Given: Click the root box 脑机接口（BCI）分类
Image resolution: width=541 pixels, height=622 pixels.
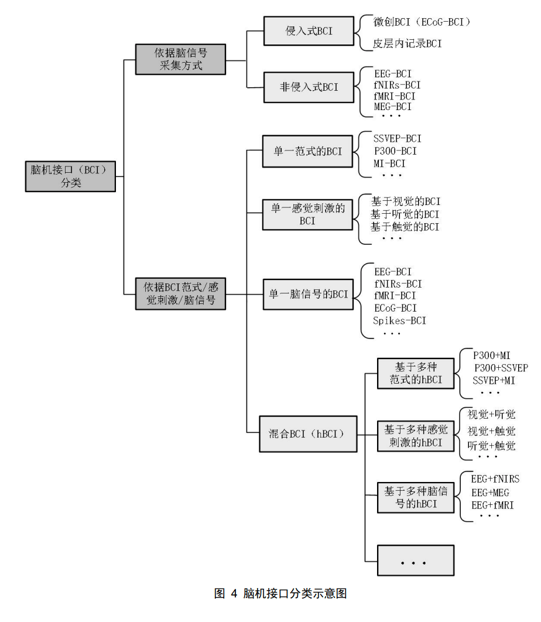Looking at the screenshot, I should click(x=70, y=176).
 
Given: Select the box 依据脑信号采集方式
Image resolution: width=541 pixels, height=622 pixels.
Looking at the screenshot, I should click(x=180, y=59).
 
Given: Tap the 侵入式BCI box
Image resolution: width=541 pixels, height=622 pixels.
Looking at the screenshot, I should click(x=309, y=31).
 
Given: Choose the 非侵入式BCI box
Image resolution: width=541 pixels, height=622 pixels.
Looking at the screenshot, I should click(x=309, y=87).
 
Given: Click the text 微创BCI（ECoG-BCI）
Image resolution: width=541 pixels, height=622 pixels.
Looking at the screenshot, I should click(x=422, y=22).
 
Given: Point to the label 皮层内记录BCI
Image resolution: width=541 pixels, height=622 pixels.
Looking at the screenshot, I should click(x=408, y=43).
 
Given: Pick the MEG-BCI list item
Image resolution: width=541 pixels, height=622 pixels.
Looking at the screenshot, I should click(x=393, y=107).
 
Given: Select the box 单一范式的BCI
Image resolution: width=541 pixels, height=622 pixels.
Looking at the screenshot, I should click(x=309, y=151).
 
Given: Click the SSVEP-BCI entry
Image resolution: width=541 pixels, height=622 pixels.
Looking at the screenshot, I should click(x=397, y=139).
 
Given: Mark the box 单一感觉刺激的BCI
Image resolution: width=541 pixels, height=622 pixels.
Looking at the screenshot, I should click(x=307, y=214).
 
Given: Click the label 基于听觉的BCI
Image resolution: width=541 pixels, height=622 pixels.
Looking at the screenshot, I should click(x=405, y=214).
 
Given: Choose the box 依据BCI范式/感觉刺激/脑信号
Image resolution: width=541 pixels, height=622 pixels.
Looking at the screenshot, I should click(x=180, y=293).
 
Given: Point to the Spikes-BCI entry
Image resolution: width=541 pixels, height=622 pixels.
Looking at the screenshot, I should click(x=399, y=320).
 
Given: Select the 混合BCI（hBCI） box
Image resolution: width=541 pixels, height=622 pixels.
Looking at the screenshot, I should click(x=309, y=435).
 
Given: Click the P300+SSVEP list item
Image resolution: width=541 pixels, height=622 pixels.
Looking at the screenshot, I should click(x=501, y=368).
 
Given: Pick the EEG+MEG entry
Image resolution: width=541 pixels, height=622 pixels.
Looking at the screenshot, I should click(x=490, y=492).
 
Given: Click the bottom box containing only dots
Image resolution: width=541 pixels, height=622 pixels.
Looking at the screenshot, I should click(x=416, y=561).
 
